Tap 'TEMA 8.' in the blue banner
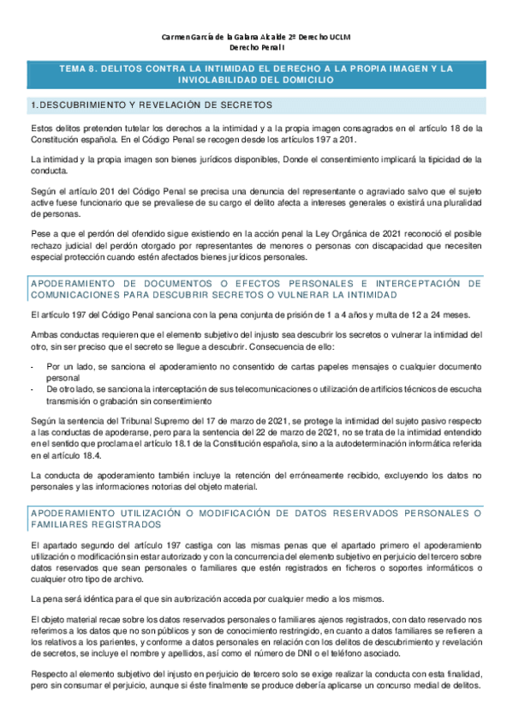[78, 68]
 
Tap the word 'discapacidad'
[397, 244]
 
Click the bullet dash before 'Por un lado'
[32, 365]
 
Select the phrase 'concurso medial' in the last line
[410, 699]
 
